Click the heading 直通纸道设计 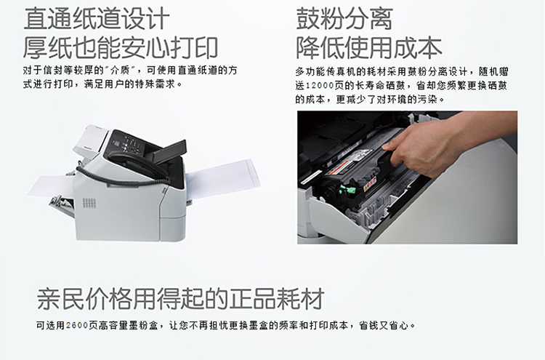[x=97, y=18]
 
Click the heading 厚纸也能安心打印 [x=121, y=48]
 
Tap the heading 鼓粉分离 [x=344, y=18]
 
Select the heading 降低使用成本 [x=368, y=48]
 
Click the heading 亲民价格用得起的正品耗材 [x=181, y=298]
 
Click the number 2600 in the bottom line [x=77, y=326]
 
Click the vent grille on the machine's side [x=89, y=203]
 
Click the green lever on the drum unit [x=347, y=191]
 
